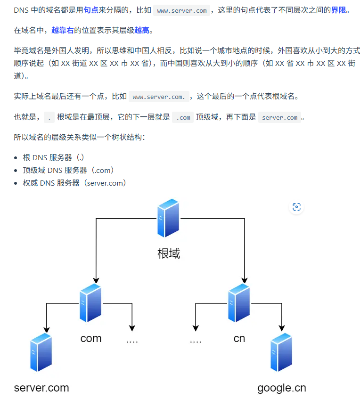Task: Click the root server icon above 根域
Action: click(169, 218)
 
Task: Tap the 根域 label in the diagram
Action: click(169, 253)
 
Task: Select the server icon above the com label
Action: click(91, 302)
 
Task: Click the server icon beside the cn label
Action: click(239, 302)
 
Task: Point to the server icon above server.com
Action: click(41, 352)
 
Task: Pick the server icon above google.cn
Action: click(281, 352)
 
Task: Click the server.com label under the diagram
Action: click(41, 388)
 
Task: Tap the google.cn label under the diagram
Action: click(281, 388)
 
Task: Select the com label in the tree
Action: click(91, 338)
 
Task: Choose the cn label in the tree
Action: click(239, 338)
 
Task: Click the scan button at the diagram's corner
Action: click(296, 207)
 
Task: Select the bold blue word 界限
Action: click(338, 10)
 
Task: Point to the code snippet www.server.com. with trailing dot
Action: click(158, 97)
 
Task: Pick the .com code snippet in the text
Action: click(183, 117)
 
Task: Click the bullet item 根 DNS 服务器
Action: click(54, 157)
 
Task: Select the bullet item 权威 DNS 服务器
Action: click(74, 183)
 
